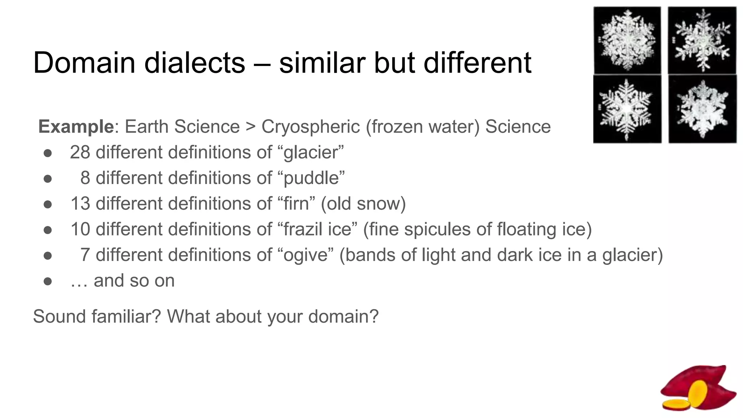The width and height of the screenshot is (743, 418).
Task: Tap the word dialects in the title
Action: [x=194, y=63]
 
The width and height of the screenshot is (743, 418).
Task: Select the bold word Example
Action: [x=76, y=127]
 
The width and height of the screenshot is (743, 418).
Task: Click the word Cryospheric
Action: [x=311, y=127]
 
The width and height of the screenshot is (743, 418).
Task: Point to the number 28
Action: [x=80, y=152]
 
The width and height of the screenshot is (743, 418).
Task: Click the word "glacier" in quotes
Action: [x=313, y=152]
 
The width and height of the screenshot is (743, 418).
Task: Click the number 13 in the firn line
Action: [x=80, y=204]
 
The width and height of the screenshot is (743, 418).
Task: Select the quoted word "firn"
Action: [x=296, y=204]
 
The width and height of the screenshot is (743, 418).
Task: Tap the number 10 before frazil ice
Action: [x=80, y=229]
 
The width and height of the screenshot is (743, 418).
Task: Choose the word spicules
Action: [x=434, y=229]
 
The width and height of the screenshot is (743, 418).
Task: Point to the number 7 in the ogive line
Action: [x=85, y=255]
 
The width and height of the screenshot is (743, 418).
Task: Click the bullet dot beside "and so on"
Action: [x=48, y=281]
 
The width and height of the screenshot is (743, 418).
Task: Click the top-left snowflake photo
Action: [x=627, y=40]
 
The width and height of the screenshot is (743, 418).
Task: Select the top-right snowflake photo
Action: [x=702, y=40]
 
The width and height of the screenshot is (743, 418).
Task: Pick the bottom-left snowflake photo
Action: [x=627, y=109]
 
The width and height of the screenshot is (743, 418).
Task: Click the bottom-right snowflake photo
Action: [x=702, y=109]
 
